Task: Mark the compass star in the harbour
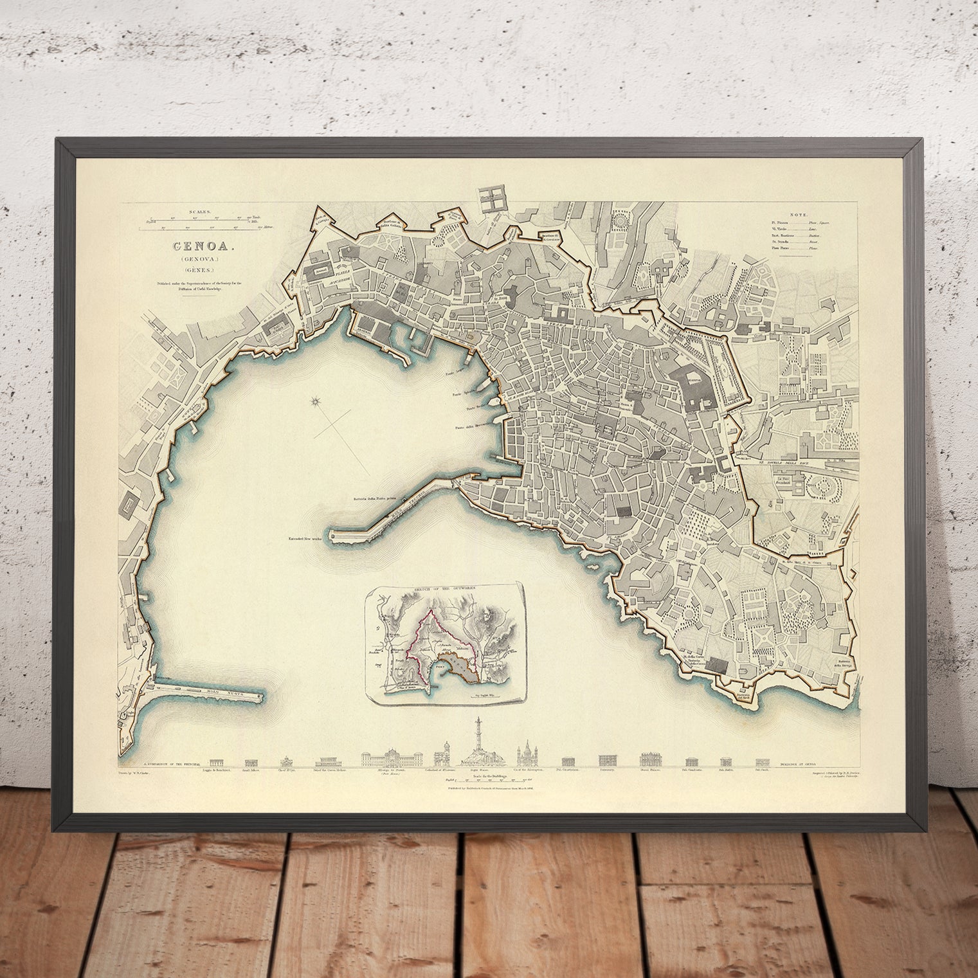pos(315,403)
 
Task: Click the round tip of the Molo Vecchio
pos(333,534)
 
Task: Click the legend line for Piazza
pos(801,222)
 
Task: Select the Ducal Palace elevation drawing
pos(651,759)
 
